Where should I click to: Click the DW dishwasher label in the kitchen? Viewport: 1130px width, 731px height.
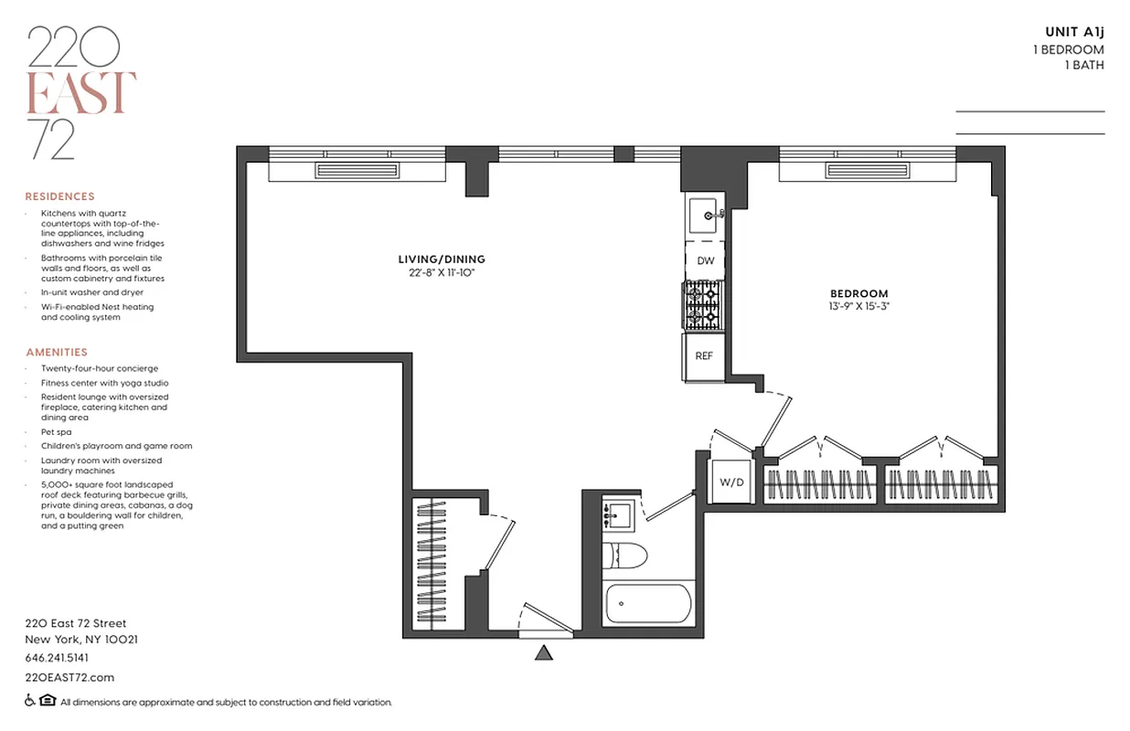pyautogui.click(x=705, y=261)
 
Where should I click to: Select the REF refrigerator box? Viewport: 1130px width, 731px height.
pyautogui.click(x=704, y=356)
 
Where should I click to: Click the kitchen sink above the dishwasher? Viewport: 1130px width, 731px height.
pyautogui.click(x=705, y=217)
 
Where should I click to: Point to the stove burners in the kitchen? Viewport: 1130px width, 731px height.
pyautogui.click(x=703, y=306)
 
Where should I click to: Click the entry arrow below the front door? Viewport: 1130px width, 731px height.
pyautogui.click(x=545, y=652)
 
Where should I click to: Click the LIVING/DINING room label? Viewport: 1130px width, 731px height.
pyautogui.click(x=441, y=260)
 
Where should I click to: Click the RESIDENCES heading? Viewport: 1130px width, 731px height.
pyautogui.click(x=59, y=196)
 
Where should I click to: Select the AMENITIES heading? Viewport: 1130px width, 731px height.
pyautogui.click(x=57, y=352)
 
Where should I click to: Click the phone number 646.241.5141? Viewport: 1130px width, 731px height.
pyautogui.click(x=57, y=658)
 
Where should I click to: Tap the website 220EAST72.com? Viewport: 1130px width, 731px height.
pyautogui.click(x=69, y=677)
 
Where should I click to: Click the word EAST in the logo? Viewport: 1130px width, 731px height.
pyautogui.click(x=81, y=92)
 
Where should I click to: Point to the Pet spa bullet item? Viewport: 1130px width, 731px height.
pyautogui.click(x=56, y=431)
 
